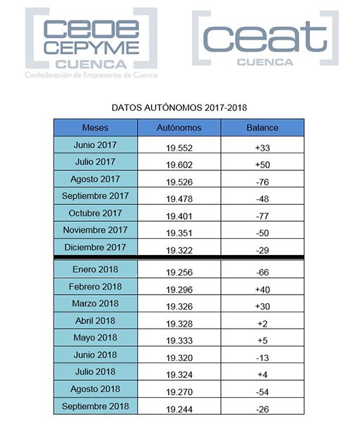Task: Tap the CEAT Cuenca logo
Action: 265,40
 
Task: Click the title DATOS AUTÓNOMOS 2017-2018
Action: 179,109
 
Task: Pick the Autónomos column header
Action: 179,128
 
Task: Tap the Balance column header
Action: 262,128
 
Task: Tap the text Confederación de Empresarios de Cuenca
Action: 91,75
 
